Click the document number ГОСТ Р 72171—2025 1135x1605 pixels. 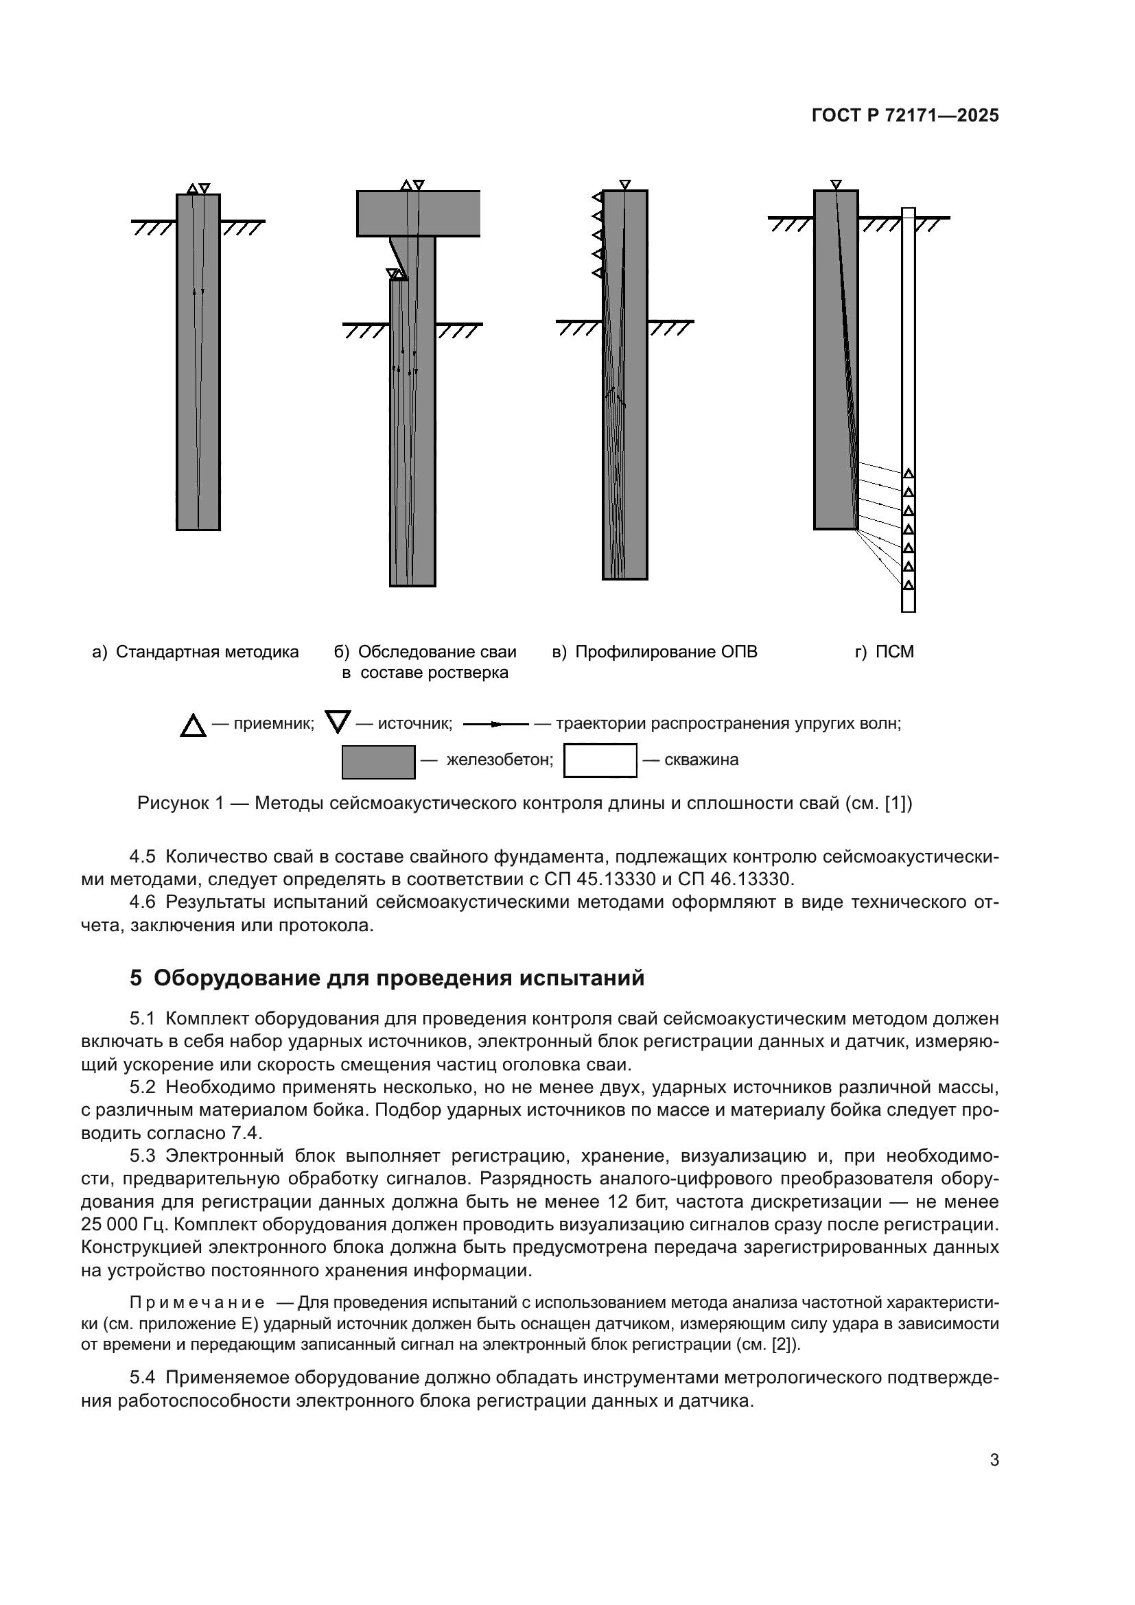pos(905,116)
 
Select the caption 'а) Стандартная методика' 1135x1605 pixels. pos(196,652)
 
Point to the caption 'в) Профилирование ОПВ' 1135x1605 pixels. pos(655,652)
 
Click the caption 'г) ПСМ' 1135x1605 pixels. pos(884,652)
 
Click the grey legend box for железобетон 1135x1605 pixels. pos(378,762)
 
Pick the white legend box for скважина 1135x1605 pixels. pos(600,760)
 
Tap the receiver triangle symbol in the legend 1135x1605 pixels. pos(193,726)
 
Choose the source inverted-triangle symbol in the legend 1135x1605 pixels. pos(338,721)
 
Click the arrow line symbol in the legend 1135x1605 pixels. pos(495,724)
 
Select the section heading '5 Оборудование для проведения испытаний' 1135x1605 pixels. pos(386,978)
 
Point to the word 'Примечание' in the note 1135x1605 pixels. pos(197,1303)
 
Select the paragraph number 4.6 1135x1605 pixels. pos(143,902)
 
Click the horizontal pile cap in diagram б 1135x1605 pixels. pos(418,213)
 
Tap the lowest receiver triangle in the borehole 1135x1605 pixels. pos(909,585)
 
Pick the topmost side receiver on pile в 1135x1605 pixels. pos(597,197)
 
